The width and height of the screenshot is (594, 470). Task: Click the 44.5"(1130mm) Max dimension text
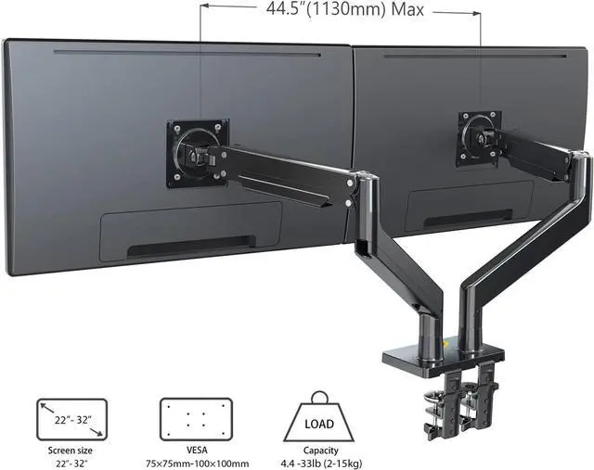click(344, 9)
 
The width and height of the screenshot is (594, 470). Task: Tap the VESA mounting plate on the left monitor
click(198, 153)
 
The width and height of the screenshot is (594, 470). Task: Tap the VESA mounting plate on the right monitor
click(480, 138)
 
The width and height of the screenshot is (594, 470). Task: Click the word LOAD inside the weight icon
click(319, 424)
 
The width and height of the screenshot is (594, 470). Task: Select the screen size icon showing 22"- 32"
click(72, 419)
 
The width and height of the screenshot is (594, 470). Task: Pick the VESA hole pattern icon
click(196, 419)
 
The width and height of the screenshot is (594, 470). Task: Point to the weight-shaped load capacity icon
click(319, 416)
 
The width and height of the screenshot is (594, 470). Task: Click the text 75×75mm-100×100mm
click(198, 464)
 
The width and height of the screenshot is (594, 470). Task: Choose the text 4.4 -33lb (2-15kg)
click(321, 464)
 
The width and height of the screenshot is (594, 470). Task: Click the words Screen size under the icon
click(71, 451)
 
